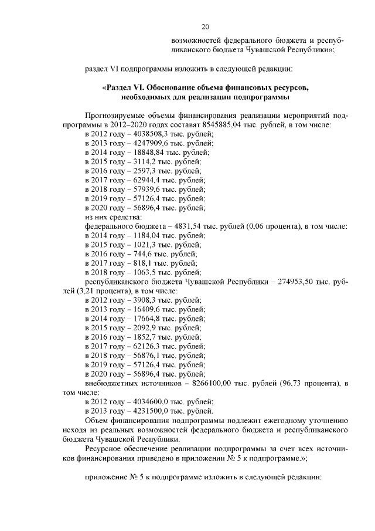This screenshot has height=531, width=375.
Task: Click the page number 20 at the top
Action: (x=204, y=26)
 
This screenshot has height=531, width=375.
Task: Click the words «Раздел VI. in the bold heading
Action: (x=125, y=87)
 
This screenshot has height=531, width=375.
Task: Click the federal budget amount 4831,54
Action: (x=175, y=226)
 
